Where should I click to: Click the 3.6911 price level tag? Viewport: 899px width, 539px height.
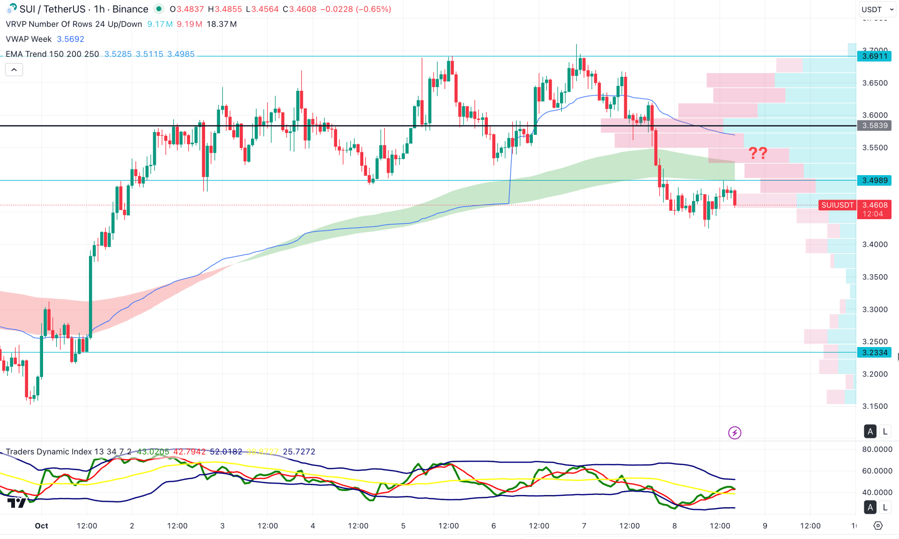pyautogui.click(x=874, y=56)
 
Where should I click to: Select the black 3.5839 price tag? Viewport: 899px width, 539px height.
pyautogui.click(x=874, y=126)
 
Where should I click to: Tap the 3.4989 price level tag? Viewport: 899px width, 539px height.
pyautogui.click(x=874, y=180)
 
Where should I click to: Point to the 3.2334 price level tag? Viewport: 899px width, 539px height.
pyautogui.click(x=874, y=353)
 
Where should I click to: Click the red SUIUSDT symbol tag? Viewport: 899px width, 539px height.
pyautogui.click(x=837, y=205)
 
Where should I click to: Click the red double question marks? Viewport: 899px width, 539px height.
pyautogui.click(x=758, y=153)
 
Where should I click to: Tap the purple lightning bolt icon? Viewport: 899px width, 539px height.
pyautogui.click(x=735, y=433)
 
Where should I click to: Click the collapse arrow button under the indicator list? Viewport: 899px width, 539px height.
pyautogui.click(x=14, y=70)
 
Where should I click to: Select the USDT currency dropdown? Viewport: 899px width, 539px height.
pyautogui.click(x=877, y=9)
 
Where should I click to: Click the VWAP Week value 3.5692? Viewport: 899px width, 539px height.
pyautogui.click(x=71, y=39)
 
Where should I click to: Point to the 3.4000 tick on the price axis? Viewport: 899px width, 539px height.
pyautogui.click(x=875, y=244)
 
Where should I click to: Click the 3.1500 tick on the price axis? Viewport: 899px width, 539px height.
pyautogui.click(x=875, y=406)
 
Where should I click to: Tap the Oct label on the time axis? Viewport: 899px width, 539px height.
pyautogui.click(x=41, y=526)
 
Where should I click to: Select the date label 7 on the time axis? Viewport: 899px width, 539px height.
pyautogui.click(x=584, y=526)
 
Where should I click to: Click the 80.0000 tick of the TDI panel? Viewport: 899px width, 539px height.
pyautogui.click(x=877, y=450)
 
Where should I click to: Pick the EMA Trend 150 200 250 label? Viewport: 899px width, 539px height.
pyautogui.click(x=52, y=54)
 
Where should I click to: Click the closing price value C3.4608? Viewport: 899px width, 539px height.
pyautogui.click(x=300, y=9)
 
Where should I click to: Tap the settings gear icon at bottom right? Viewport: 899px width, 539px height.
pyautogui.click(x=878, y=526)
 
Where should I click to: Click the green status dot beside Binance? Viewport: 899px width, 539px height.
pyautogui.click(x=159, y=9)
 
